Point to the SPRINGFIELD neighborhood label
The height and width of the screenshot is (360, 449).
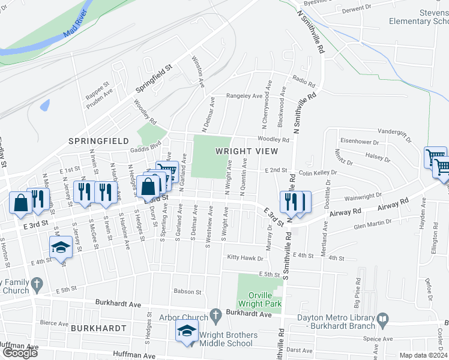pyautogui.click(x=98, y=140)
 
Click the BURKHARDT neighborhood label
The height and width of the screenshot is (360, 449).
pyautogui.click(x=98, y=328)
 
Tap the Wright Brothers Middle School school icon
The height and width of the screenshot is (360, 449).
pyautogui.click(x=187, y=331)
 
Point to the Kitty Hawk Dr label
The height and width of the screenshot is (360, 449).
pyautogui.click(x=245, y=258)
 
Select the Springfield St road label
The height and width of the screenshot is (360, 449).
pyautogui.click(x=153, y=79)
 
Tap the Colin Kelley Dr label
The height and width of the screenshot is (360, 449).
pyautogui.click(x=318, y=173)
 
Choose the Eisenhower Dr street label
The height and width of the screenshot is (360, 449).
pyautogui.click(x=360, y=142)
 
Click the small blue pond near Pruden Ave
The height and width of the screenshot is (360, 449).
pyautogui.click(x=45, y=105)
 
